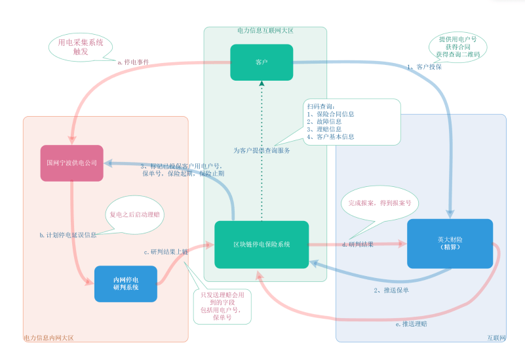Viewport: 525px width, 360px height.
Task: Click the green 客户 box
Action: [262, 62]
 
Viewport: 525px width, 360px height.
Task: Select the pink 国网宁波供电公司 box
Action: [72, 163]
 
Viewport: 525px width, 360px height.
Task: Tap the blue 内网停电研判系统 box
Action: [126, 283]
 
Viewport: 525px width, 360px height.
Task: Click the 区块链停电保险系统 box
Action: [262, 244]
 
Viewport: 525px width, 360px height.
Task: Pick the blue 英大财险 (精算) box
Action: [450, 243]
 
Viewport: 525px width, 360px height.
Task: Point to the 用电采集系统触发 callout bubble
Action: [81, 46]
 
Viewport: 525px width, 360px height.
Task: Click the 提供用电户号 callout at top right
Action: [458, 47]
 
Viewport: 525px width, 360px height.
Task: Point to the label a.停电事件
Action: [134, 63]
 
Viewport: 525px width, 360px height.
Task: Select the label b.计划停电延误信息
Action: [69, 234]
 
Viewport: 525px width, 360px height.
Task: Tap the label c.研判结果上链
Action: [166, 252]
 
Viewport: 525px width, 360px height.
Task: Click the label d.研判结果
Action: [358, 245]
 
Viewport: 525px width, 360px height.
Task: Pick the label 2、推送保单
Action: [391, 289]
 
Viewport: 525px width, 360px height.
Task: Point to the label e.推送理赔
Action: [412, 323]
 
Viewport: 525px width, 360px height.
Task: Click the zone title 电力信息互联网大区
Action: [265, 30]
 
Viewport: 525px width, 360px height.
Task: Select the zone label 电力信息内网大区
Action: [49, 338]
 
